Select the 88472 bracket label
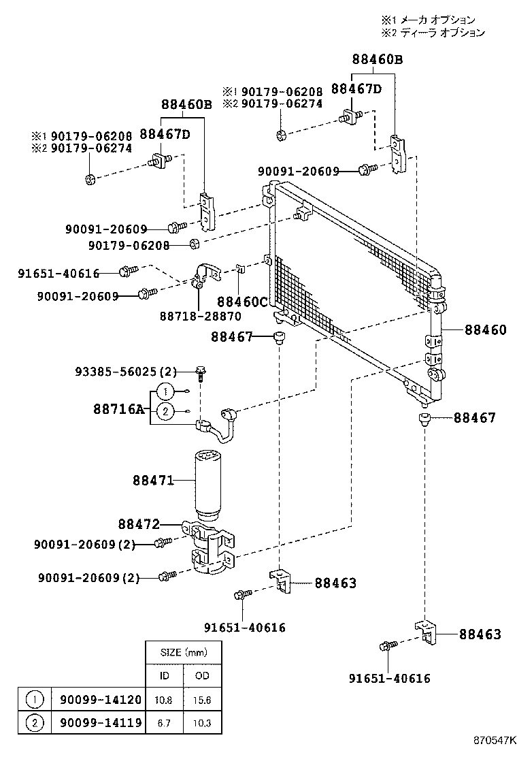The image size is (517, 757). (x=138, y=524)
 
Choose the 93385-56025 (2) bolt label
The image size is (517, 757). (x=124, y=372)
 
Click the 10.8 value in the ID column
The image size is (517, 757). (x=164, y=699)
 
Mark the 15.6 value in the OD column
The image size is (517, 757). (x=203, y=699)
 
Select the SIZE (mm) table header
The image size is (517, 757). (x=184, y=652)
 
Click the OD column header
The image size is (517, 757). (x=203, y=675)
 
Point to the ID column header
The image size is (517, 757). (x=164, y=675)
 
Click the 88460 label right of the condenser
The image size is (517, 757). (x=486, y=330)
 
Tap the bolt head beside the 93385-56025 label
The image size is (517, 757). (x=201, y=371)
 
